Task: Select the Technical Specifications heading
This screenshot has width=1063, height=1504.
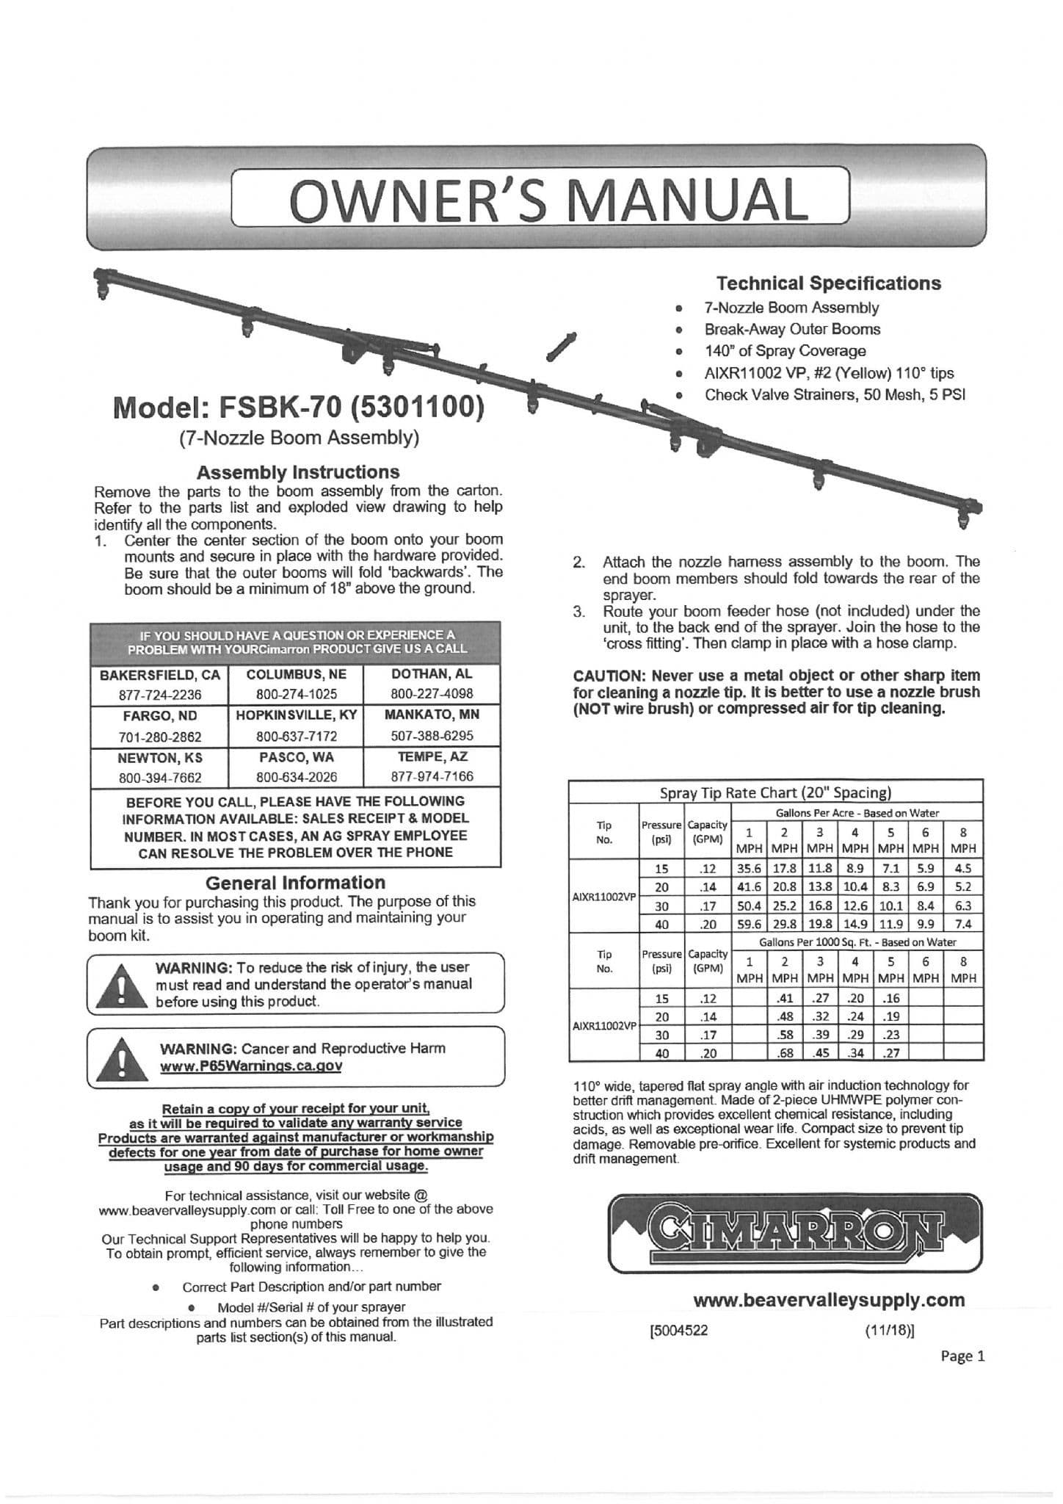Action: pos(828,283)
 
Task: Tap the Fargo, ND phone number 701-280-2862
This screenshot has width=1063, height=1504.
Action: pos(160,737)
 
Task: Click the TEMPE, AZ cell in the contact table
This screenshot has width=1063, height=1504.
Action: pos(432,757)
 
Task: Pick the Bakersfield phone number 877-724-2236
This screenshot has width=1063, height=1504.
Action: pos(160,695)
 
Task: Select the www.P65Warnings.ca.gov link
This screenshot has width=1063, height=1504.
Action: pos(251,1066)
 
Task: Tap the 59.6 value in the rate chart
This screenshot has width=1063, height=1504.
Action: pos(749,924)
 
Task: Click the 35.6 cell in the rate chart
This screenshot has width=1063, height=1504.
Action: pos(749,868)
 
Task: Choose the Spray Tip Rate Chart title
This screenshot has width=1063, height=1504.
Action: pos(775,792)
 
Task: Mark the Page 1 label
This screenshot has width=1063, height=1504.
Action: pos(962,1356)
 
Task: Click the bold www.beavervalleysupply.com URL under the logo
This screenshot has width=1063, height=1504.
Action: pos(829,1301)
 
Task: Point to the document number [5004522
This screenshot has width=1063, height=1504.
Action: pos(679,1331)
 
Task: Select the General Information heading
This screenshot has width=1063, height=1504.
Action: pos(295,883)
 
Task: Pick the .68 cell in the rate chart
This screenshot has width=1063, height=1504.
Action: pos(785,1053)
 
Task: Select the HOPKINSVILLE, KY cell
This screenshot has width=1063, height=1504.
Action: pos(297,715)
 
